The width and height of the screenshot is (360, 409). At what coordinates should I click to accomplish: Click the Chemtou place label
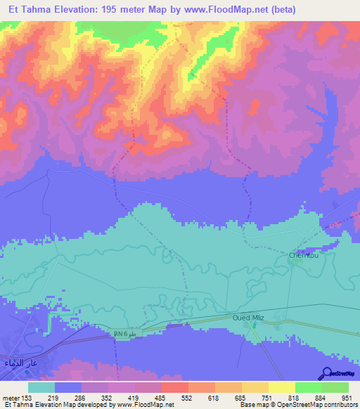[x=304, y=256]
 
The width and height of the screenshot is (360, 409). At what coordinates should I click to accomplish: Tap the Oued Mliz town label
[x=250, y=318]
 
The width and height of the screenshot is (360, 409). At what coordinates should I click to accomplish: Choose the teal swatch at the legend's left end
[x=41, y=387]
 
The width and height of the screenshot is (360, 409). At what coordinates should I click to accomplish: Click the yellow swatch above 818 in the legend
[x=282, y=387]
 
